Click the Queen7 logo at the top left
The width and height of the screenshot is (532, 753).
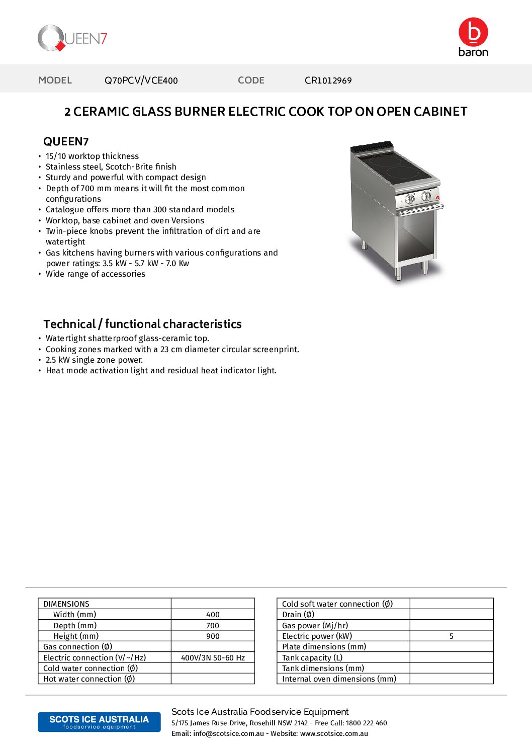click(x=72, y=38)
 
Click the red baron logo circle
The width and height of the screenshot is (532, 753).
click(x=473, y=32)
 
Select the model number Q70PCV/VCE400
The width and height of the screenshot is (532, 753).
click(x=141, y=80)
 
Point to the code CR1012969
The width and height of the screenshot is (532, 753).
click(x=328, y=80)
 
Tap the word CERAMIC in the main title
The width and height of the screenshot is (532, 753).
click(x=101, y=112)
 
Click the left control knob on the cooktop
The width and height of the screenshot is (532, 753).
click(x=410, y=199)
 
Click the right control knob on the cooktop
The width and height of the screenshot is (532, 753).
click(x=426, y=196)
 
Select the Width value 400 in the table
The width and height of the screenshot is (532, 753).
click(x=213, y=615)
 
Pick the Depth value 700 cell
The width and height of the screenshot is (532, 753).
click(x=213, y=626)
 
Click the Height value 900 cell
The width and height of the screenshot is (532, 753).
click(x=213, y=636)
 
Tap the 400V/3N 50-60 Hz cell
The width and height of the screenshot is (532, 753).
click(x=213, y=658)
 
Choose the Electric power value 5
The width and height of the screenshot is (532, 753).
click(x=451, y=636)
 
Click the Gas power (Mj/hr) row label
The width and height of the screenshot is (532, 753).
click(x=315, y=626)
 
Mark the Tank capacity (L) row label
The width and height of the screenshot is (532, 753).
click(x=312, y=658)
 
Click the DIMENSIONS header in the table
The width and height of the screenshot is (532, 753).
click(x=66, y=604)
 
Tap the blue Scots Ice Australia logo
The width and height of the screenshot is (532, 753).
click(x=99, y=722)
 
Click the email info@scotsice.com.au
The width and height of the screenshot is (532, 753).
click(x=228, y=734)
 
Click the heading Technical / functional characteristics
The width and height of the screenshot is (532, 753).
click(x=142, y=324)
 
